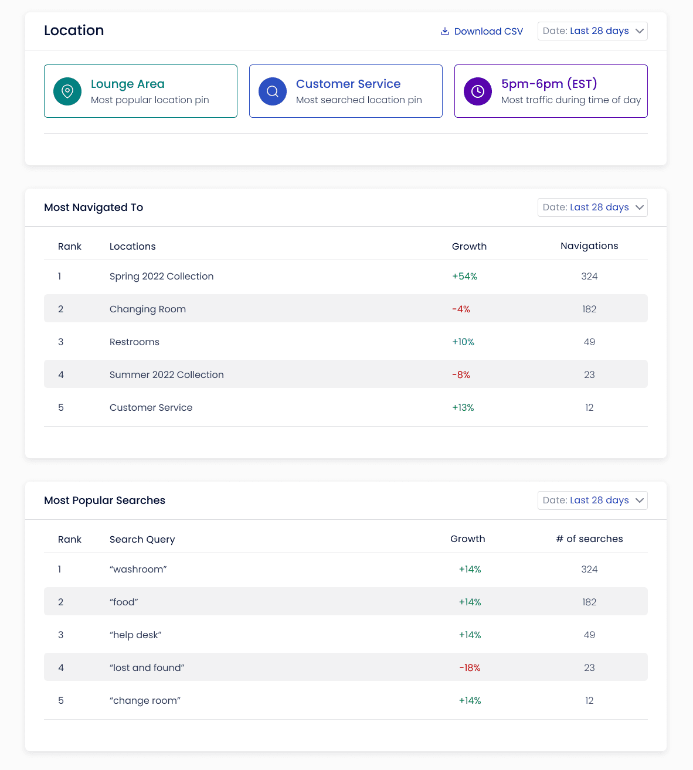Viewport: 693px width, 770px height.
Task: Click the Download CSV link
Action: tap(482, 31)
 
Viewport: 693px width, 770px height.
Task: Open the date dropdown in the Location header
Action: tap(592, 31)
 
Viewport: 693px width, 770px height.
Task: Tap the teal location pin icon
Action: tap(67, 91)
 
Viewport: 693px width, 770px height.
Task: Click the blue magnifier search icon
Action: tap(273, 91)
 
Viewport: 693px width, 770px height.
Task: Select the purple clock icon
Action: tap(477, 91)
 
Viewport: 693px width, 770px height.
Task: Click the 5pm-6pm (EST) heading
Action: tap(549, 84)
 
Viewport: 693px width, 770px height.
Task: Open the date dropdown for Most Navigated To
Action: tap(592, 207)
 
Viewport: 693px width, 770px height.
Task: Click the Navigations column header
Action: tap(589, 246)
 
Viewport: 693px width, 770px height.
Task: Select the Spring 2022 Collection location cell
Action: tap(161, 277)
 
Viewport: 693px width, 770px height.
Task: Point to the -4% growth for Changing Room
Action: tap(461, 309)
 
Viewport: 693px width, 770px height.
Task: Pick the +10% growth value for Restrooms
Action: tap(463, 342)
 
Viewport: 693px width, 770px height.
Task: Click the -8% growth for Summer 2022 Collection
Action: tap(461, 374)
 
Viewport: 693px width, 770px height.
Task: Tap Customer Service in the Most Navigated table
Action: tap(151, 408)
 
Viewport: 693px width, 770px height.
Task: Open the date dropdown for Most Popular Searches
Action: tap(592, 500)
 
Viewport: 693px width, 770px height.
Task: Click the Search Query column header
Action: tap(142, 539)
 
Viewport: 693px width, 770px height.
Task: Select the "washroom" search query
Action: tap(138, 569)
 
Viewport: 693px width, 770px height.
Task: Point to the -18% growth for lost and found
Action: tap(470, 668)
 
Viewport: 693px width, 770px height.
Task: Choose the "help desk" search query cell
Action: tap(135, 635)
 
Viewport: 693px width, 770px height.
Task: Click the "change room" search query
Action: tap(145, 700)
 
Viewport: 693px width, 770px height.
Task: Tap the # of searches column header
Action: tap(589, 539)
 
